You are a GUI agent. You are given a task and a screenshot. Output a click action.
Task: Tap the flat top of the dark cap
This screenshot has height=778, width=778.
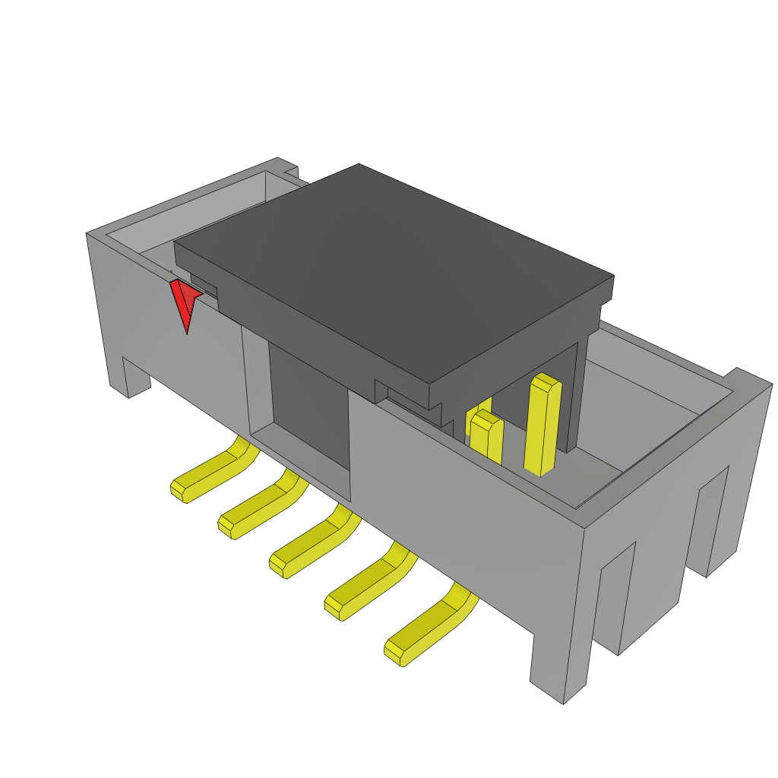pyautogui.click(x=395, y=266)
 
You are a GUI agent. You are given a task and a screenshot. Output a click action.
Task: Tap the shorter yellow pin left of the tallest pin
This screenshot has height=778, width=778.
pyautogui.click(x=486, y=437)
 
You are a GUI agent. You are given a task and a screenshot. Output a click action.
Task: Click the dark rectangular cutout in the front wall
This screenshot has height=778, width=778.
pyautogui.click(x=308, y=406)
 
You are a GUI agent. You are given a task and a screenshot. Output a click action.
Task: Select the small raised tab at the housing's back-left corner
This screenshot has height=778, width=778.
pyautogui.click(x=290, y=172)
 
